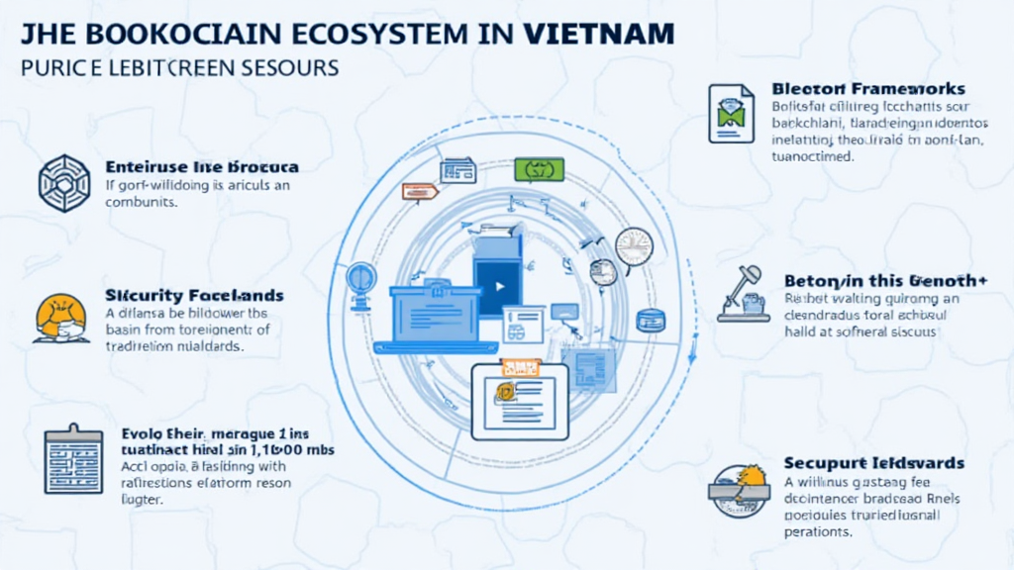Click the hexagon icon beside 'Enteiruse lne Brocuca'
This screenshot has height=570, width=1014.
coord(63,181)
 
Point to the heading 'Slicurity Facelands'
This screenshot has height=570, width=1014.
coord(194,295)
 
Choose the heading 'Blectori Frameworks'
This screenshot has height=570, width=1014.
coord(867,89)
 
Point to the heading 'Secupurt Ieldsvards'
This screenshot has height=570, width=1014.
coord(873,463)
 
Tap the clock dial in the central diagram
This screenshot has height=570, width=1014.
coord(634,245)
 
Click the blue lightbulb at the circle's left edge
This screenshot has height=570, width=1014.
coord(360,275)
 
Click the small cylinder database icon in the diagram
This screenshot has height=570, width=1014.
coord(650,320)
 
